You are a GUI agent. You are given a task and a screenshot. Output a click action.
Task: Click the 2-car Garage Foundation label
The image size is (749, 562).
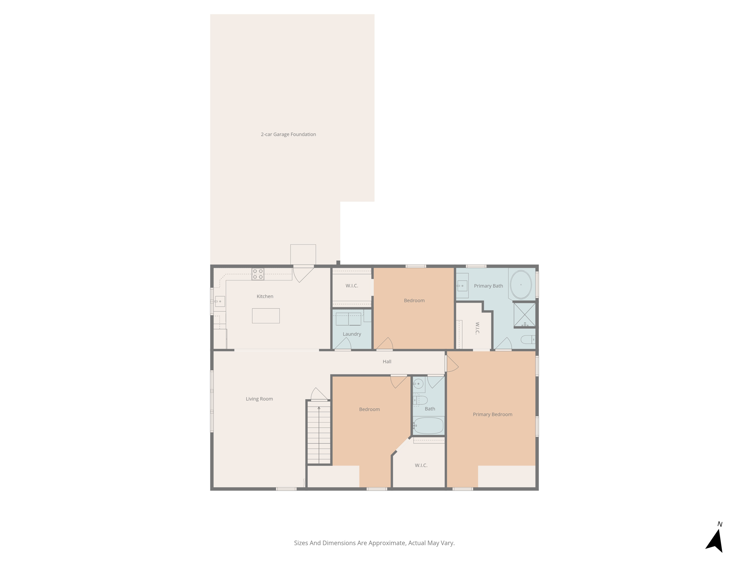point(288,134)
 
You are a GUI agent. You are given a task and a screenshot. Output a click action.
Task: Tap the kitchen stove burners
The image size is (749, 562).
point(257,274)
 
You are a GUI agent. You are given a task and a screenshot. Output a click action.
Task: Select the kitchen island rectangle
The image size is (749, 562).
point(266,316)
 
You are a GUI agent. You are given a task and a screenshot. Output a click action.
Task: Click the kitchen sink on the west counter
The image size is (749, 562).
point(220,301)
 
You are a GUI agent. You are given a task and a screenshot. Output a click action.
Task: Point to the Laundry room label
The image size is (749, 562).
point(352,334)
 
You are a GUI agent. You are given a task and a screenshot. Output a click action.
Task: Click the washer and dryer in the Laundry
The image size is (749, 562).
point(348,319)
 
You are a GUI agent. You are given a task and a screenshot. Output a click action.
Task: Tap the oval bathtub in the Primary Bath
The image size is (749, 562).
point(521,285)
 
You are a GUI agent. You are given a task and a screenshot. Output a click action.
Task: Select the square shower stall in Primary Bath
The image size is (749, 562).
point(524,315)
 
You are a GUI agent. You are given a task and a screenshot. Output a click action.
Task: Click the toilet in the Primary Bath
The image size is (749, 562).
point(528,340)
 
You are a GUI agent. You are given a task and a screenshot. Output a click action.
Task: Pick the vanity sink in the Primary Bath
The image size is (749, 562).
point(463,286)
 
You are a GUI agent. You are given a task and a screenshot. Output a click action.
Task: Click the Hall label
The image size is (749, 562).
point(387,361)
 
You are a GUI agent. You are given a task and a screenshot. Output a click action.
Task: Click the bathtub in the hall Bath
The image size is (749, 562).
point(429,426)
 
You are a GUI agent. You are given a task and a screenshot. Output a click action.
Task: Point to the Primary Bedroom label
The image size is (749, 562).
point(492,414)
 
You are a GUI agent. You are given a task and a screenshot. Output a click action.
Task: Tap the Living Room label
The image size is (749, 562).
point(259,399)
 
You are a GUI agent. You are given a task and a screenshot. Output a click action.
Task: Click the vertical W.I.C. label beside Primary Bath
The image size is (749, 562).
point(477,328)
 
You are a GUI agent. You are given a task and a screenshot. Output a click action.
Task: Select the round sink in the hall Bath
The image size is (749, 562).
point(418,384)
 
